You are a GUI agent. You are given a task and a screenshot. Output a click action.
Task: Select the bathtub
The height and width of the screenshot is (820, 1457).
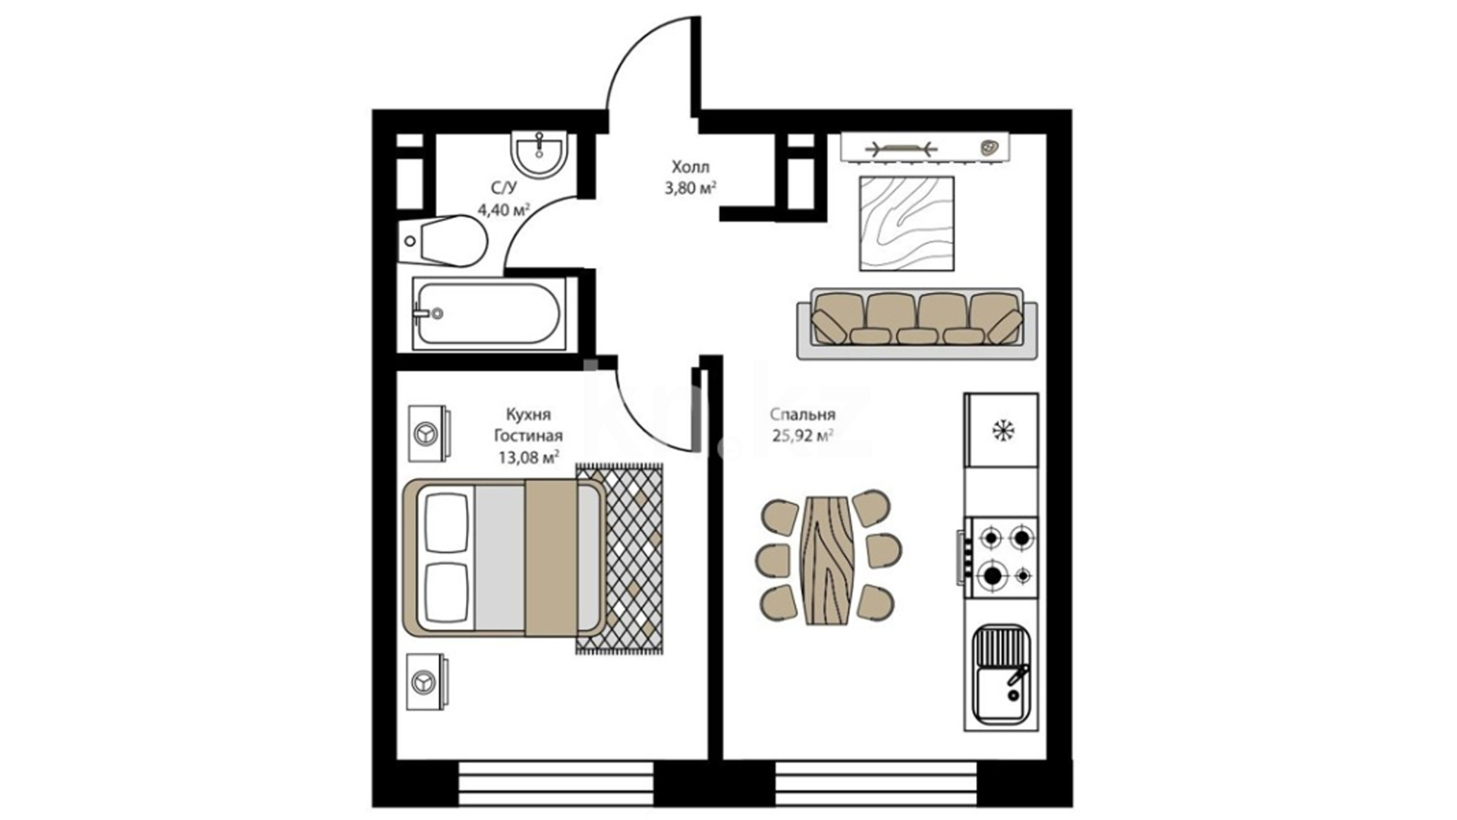(489, 313)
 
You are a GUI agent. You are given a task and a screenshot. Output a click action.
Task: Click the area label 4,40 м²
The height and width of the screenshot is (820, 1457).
(502, 209)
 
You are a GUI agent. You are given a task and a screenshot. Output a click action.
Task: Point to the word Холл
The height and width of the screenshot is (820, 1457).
(691, 166)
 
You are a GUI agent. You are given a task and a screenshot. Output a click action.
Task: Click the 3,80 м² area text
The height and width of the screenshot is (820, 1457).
(691, 188)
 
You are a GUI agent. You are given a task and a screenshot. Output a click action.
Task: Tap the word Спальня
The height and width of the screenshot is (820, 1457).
(802, 415)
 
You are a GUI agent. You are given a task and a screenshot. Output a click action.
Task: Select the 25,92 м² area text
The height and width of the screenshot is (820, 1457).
(803, 436)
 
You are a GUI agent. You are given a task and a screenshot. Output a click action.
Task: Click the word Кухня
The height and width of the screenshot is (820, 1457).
(528, 415)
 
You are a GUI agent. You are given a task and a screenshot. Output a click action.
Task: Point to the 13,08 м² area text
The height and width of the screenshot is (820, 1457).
(528, 457)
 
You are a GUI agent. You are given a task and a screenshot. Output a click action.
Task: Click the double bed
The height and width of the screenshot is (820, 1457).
(504, 557)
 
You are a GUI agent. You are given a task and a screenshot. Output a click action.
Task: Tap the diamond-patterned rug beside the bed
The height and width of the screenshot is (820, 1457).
(619, 559)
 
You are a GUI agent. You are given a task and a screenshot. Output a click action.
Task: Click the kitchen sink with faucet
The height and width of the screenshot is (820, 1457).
(1001, 673)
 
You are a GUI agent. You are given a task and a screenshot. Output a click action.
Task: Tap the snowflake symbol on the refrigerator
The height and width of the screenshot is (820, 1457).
(1003, 430)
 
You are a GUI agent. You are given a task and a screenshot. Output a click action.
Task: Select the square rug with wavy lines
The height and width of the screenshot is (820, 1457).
(907, 223)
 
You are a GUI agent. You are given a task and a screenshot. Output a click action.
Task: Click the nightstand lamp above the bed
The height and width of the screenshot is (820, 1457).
(427, 434)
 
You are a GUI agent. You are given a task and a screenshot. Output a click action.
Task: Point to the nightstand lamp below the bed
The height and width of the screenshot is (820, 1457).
(427, 682)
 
